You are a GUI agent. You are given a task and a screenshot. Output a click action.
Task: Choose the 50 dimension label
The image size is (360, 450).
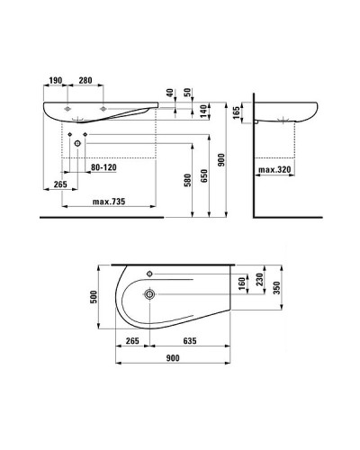coord(187,94)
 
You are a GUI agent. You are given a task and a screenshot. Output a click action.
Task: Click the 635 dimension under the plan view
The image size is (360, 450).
coord(190,341)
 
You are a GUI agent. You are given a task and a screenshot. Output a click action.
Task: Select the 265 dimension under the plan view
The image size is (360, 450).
coord(131,341)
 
